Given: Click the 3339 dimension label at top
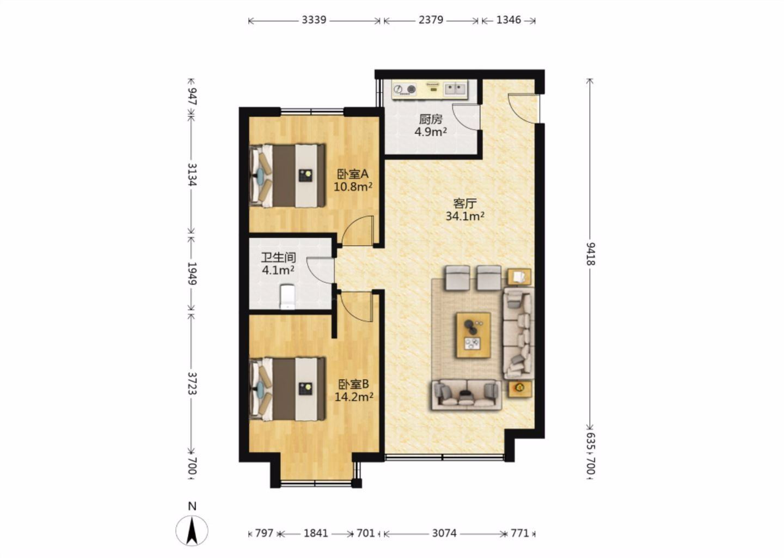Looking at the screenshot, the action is point(314,20).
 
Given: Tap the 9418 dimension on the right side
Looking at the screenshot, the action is point(591,254).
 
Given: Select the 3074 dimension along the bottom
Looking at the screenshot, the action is point(444,533).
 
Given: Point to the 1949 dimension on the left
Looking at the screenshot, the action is point(192,274).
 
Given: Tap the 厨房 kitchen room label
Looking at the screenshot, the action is point(431,119).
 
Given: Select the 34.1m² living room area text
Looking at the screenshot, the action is point(465,216).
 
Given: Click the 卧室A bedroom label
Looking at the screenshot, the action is point(353,174).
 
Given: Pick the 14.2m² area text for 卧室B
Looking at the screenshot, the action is point(354,397).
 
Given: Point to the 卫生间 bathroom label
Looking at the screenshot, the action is point(279,257).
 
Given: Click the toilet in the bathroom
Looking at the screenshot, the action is point(287,297).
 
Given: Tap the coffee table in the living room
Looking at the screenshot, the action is point(473,335).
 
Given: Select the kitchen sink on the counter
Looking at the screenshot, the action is point(455,88).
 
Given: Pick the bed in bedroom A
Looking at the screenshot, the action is point(287,175).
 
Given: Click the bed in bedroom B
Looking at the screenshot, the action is point(287,389).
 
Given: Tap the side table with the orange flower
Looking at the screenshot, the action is point(520,389).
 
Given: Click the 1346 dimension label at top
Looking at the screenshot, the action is point(509,20).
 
